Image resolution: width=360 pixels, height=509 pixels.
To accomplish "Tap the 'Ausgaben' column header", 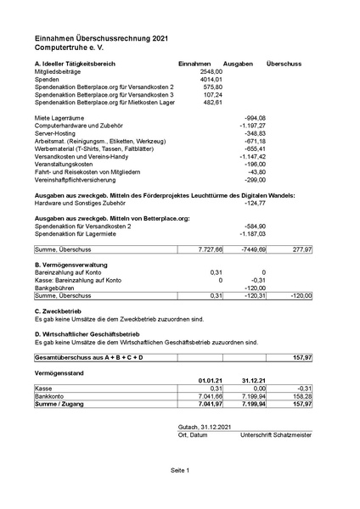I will coord(238,64).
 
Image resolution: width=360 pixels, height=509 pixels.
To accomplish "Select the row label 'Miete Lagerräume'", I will coord(63,118).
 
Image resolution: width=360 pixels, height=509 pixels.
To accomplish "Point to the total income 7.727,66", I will coord(209,250).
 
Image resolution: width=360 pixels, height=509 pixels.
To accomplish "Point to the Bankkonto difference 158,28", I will coord(301,395).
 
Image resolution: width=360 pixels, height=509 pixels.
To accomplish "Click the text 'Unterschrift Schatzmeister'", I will coord(277,434).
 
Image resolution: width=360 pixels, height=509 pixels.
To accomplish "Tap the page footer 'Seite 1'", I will coord(180,469).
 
